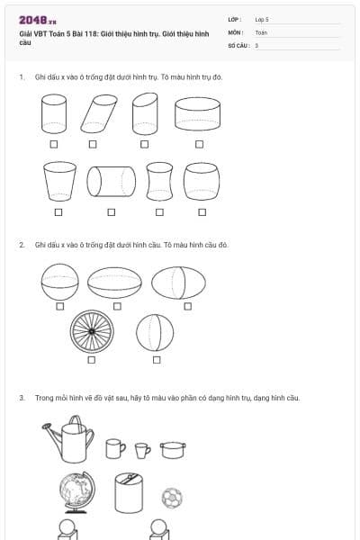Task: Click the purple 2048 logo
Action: pos(38,21)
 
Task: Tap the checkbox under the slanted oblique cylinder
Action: pos(93,144)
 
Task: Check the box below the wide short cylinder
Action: pos(199,144)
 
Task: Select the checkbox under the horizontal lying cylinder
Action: pos(112,212)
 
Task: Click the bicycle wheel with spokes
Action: pos(92,331)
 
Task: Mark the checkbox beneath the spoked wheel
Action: pos(91,359)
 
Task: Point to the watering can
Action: pos(68,439)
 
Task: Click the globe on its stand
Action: pos(76,492)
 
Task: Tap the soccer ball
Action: pos(172,498)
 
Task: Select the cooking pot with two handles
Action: pos(173,450)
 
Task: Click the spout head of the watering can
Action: pos(46,427)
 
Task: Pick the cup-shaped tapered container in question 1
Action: pos(59,182)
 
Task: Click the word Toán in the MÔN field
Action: pos(261,32)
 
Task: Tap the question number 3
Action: pos(22,398)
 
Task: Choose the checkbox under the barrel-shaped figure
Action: pos(202,212)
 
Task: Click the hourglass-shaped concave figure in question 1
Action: pos(159,182)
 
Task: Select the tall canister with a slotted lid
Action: pos(129,493)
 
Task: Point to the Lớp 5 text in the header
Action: pos(262,20)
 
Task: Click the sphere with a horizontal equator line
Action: pos(59,282)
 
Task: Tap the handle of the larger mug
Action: pos(123,447)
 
